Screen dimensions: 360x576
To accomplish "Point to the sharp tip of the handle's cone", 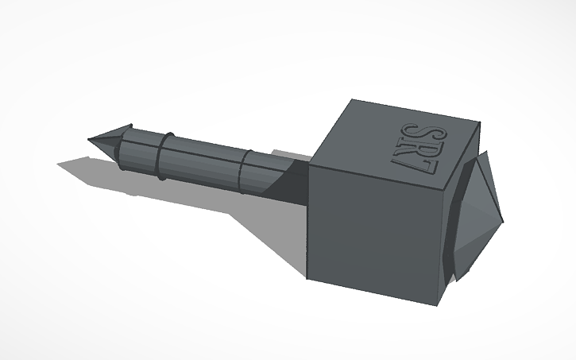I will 89,140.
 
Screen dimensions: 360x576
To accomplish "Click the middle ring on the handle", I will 162,156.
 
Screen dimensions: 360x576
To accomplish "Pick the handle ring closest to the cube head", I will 246,172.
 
